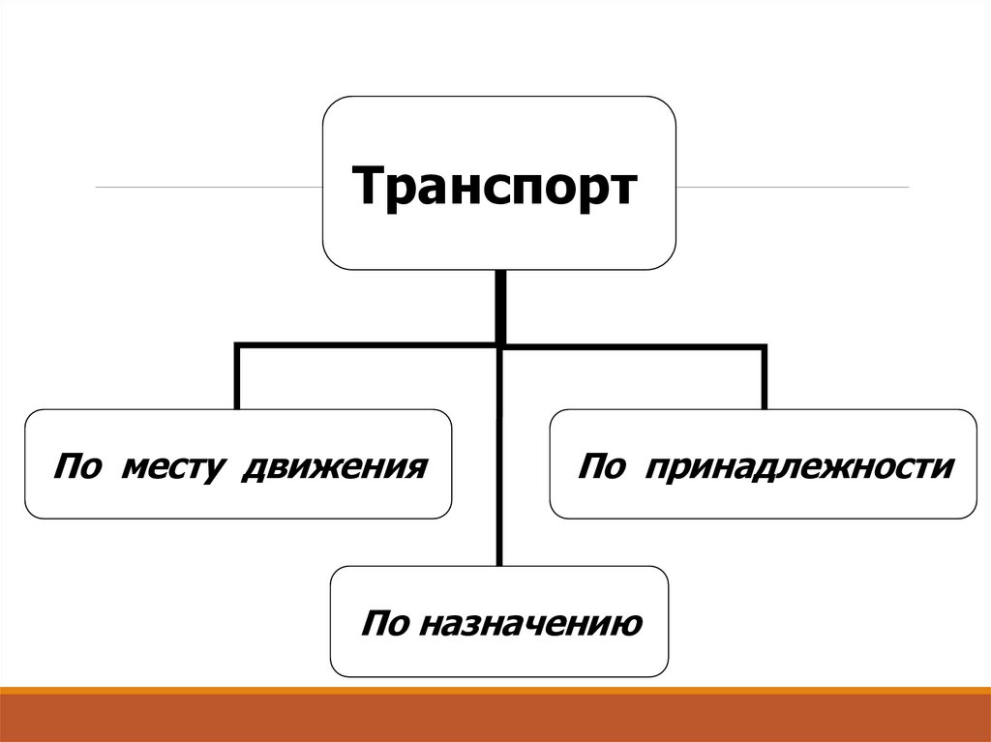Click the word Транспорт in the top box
tap(495, 187)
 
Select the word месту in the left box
tap(177, 467)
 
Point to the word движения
tap(334, 467)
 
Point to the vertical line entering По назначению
tap(500, 455)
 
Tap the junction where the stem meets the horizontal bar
tap(500, 344)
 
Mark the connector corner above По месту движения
tap(237, 344)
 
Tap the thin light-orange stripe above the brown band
tap(495, 690)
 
